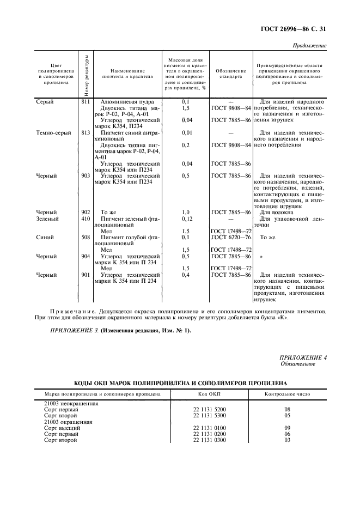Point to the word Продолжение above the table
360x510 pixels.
tap(309, 45)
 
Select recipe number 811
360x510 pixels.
tap(85, 101)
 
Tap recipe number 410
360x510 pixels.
tap(85, 219)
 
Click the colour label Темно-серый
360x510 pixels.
tap(53, 132)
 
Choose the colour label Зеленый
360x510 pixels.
tap(47, 219)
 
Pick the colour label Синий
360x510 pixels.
tap(45, 238)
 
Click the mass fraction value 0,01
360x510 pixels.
tap(186, 132)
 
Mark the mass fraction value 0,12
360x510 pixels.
tap(186, 219)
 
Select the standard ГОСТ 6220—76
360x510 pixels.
tap(231, 238)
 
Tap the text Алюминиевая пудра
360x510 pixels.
tap(127, 101)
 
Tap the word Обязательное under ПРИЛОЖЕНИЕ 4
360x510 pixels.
tap(297, 363)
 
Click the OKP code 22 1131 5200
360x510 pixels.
tap(209, 409)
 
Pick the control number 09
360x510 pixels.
tap(287, 428)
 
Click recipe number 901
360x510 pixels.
tap(85, 275)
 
